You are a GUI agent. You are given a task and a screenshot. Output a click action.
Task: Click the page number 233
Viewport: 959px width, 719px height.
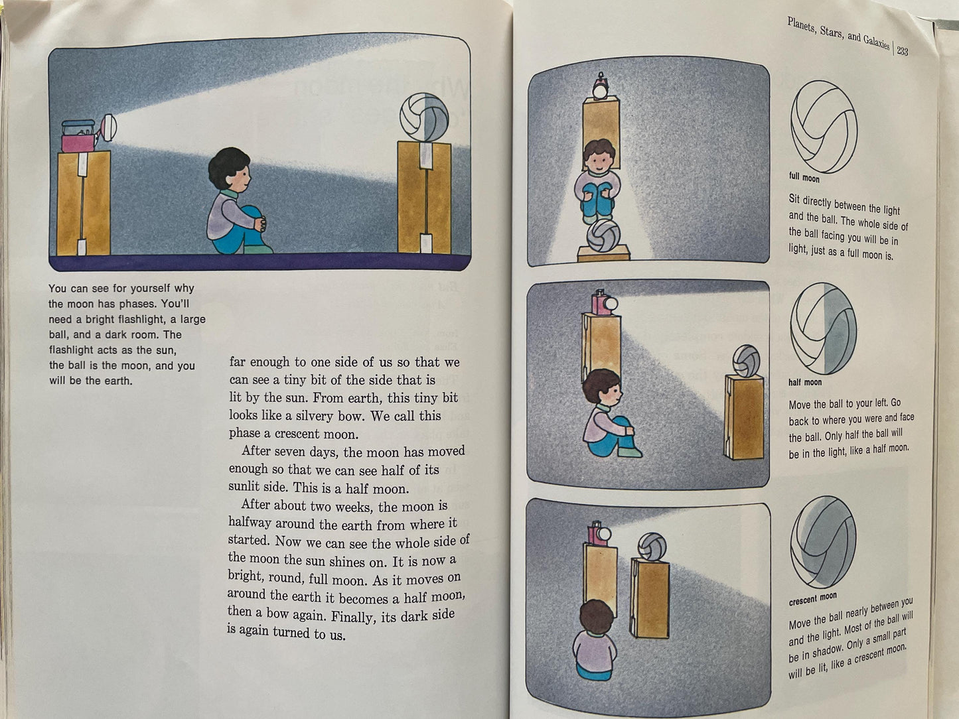(902, 50)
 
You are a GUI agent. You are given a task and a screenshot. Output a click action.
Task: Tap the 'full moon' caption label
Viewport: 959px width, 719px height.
(804, 177)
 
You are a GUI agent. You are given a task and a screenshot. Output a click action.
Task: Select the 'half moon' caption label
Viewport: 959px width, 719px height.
(804, 382)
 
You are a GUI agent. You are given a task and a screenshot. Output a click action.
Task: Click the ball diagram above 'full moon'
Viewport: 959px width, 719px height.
(824, 127)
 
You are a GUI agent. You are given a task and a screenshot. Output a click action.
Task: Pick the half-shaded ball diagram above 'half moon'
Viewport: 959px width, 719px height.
(823, 328)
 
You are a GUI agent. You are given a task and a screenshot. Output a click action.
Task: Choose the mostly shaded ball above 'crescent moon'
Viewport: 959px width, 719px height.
(823, 542)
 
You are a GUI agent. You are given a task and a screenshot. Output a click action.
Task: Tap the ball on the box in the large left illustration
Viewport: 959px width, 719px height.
(425, 117)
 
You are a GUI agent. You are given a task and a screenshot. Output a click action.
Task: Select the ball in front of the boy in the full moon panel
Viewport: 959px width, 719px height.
(603, 235)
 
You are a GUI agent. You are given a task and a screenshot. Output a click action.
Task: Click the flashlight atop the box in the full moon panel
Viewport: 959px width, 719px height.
(601, 87)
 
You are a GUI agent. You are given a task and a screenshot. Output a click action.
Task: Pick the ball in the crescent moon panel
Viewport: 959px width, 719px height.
(651, 547)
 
